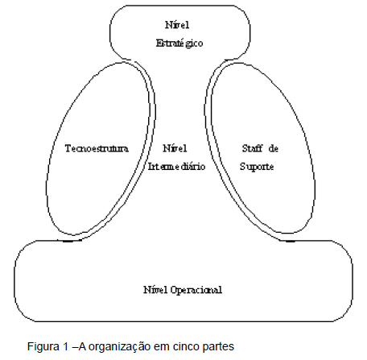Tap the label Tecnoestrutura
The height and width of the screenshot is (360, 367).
pos(96,150)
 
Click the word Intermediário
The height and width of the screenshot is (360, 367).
pos(175,166)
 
